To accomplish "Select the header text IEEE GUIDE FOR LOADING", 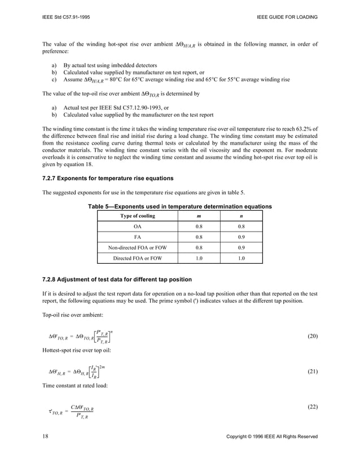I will point(287,17).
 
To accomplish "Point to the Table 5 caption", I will point(180,207).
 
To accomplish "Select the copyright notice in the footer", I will point(271,437).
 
